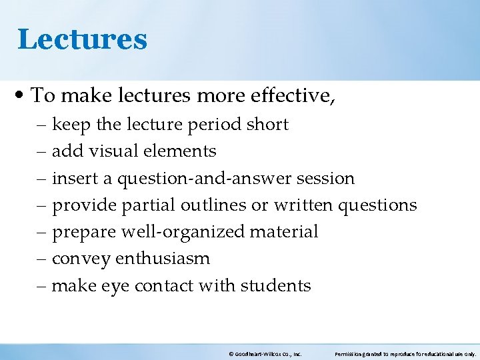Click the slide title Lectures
[82, 39]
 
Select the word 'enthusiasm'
[163, 259]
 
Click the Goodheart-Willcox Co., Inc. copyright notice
[265, 355]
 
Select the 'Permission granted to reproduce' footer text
[405, 355]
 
